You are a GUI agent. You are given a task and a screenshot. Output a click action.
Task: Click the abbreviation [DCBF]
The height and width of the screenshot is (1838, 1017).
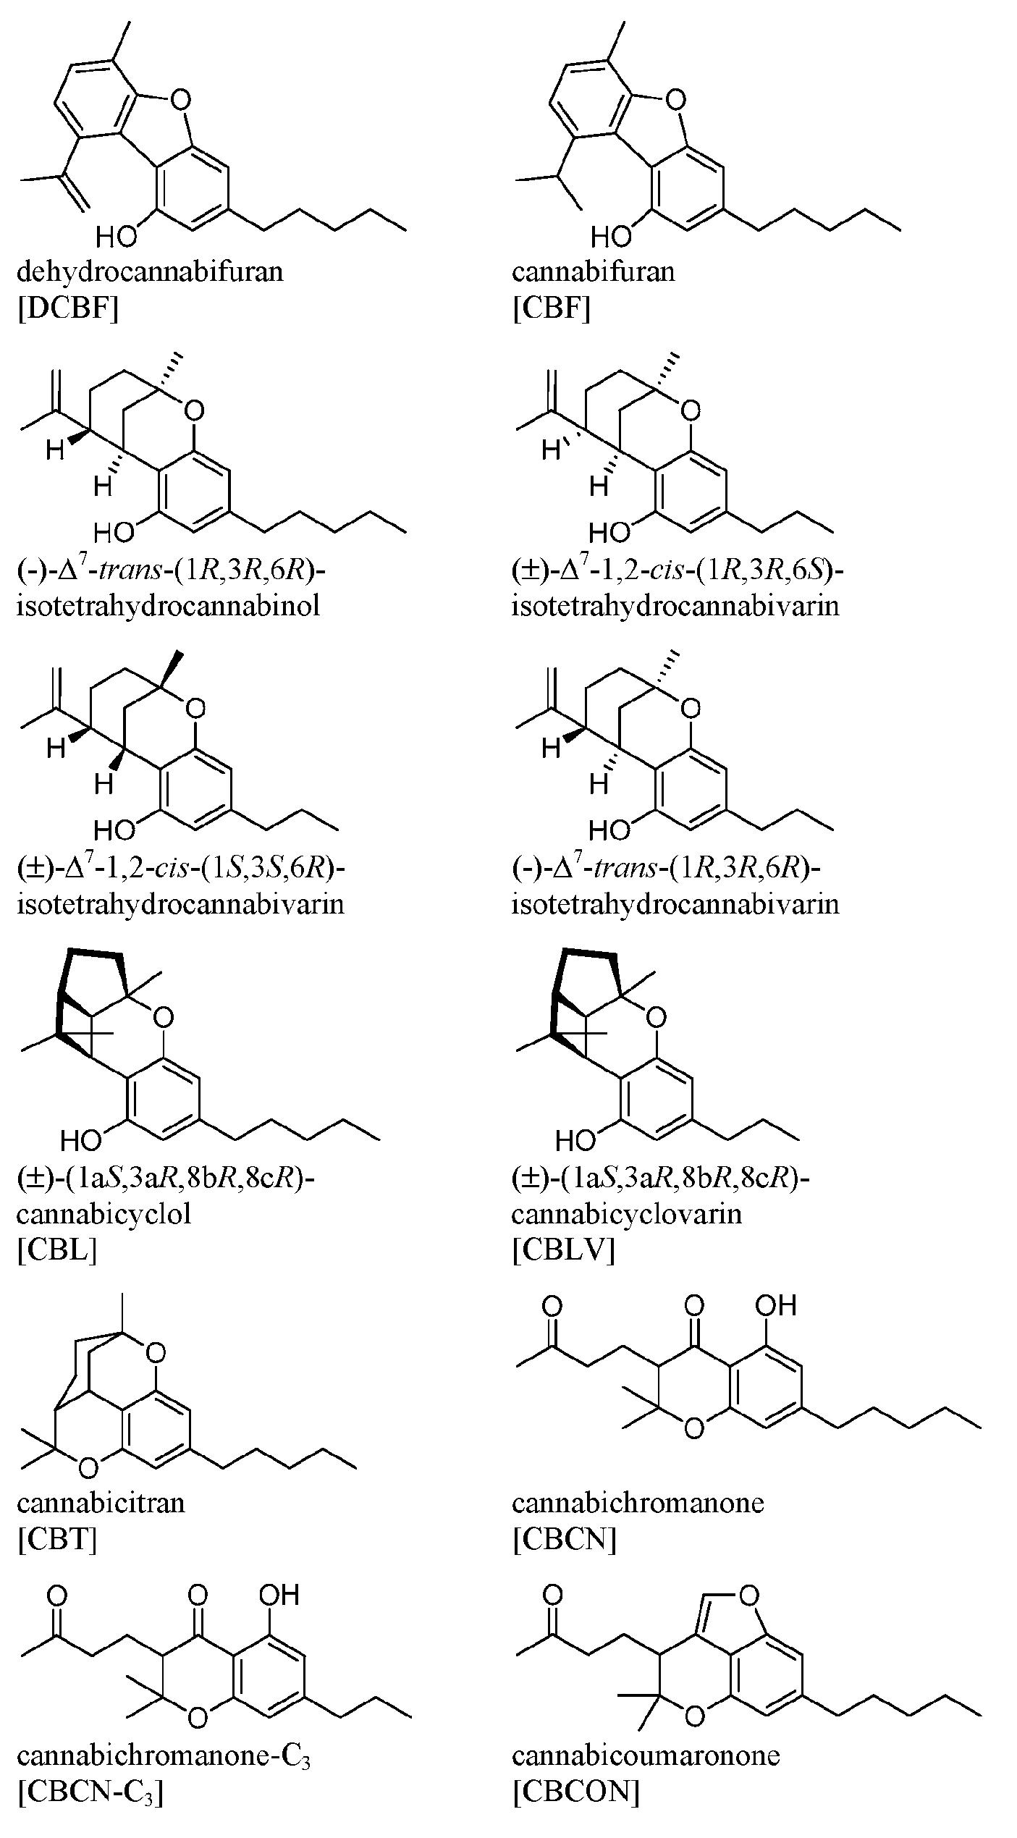67,309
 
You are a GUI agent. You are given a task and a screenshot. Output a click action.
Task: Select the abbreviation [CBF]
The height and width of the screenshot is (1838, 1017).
551,309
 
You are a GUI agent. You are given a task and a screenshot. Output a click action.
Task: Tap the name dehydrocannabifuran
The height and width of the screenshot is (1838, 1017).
150,272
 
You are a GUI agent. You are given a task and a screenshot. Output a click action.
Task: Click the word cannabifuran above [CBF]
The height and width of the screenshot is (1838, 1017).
593,272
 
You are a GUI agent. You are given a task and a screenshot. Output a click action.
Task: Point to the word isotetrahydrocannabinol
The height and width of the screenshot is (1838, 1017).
168,605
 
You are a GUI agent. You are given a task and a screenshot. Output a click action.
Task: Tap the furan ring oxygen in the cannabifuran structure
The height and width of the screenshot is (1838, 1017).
675,98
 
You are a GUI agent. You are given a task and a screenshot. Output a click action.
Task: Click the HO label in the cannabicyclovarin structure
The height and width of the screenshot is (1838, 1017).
575,1142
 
